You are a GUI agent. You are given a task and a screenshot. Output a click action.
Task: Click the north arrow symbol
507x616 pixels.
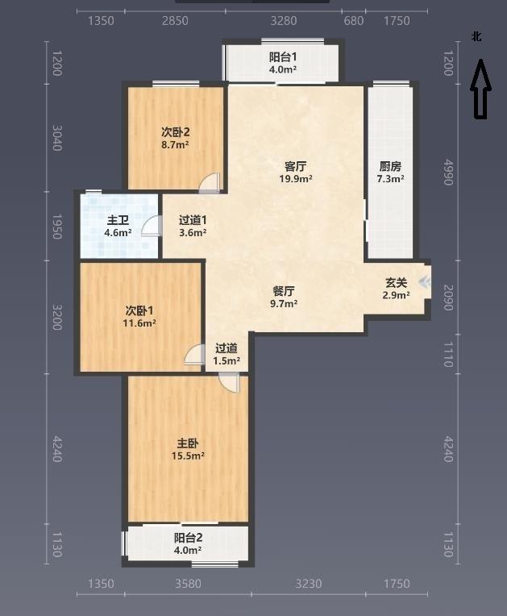(480, 89)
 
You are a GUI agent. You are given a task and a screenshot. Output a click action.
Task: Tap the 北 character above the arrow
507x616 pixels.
(476, 36)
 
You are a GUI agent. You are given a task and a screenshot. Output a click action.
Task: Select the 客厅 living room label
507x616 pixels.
(295, 167)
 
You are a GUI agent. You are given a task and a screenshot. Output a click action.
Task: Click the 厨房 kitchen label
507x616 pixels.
(390, 167)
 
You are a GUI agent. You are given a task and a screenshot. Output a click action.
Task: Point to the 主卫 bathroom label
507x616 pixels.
(118, 220)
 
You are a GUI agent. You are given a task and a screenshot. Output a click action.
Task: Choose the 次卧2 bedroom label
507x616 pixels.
(175, 132)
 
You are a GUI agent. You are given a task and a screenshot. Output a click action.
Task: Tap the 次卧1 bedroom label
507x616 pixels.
(139, 311)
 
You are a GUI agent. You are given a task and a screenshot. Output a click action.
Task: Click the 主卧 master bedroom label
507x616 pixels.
(188, 443)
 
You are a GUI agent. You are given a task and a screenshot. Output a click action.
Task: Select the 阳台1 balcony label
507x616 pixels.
(283, 57)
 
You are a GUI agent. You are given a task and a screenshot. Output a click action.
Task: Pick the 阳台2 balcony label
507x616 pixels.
(188, 538)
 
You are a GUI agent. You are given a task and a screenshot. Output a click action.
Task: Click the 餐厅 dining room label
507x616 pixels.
(284, 291)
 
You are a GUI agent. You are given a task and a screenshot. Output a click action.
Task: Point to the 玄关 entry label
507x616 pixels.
(396, 282)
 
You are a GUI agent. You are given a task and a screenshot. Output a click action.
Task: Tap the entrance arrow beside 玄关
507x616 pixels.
(425, 281)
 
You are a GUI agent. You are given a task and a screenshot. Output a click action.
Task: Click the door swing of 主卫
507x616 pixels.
(152, 226)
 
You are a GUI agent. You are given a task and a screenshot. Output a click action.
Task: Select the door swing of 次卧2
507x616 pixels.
(210, 184)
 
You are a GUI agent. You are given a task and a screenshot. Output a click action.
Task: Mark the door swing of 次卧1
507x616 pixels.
(195, 354)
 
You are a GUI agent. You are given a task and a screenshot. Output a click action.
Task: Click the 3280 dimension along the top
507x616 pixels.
(284, 20)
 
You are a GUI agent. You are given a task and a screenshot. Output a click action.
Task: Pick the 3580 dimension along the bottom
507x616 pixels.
(188, 584)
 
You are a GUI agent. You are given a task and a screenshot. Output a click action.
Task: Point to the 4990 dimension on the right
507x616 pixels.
(448, 172)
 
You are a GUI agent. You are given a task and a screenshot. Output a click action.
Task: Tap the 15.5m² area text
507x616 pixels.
(188, 456)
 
